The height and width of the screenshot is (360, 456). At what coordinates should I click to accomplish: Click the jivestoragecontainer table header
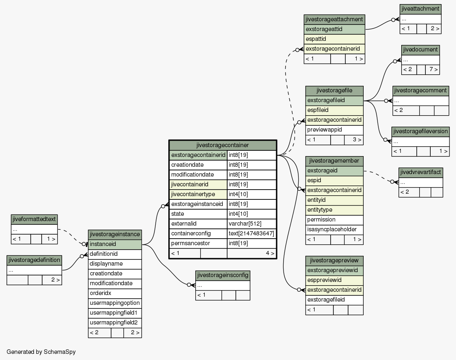pos(222,145)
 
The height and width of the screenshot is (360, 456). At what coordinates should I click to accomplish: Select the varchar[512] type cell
pos(252,224)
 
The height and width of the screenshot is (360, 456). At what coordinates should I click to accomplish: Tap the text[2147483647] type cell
pos(252,233)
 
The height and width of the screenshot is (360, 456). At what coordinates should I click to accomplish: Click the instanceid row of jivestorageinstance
pos(115,244)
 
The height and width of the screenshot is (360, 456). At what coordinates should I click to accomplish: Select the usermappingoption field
pos(115,303)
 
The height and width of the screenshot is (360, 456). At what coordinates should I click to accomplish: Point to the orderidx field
pos(115,293)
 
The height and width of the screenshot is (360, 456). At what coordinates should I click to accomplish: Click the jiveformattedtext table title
pos(34,219)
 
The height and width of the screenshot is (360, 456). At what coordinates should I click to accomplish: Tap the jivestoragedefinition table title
pos(34,260)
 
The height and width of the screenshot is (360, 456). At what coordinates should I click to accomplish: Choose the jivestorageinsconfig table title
pos(223,275)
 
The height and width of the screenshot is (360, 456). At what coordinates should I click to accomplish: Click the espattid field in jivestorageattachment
pos(334,39)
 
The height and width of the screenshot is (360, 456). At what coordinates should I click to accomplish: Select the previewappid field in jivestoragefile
pos(334,130)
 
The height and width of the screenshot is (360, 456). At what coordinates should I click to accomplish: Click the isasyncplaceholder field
pos(334,229)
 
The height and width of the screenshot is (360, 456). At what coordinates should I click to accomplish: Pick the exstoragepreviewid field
pos(334,271)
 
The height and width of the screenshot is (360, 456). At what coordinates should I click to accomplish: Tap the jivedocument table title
pos(420,50)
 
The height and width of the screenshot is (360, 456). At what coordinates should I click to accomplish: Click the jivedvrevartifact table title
pos(421,172)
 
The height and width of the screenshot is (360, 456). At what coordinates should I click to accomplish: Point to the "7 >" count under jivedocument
pos(432,69)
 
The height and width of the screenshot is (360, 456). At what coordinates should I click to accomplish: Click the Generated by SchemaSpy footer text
pos(41,352)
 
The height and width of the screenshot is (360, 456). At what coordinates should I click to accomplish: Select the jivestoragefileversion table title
pos(420,132)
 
